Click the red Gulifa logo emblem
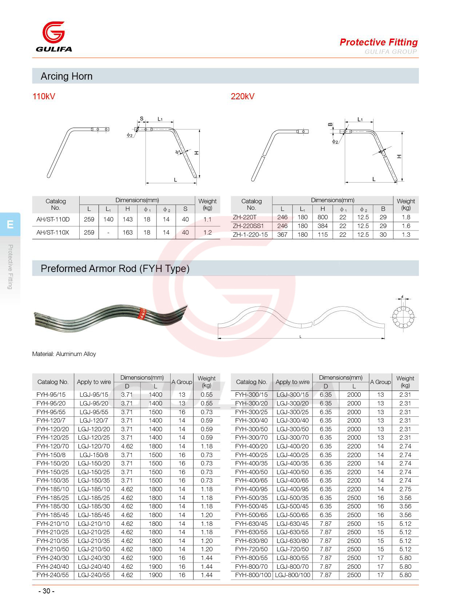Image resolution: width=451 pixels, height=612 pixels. click(53, 32)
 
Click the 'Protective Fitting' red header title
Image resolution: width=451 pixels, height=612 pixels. click(379, 42)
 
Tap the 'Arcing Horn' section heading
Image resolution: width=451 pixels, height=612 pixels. click(67, 76)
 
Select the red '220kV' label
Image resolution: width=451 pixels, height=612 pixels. click(243, 96)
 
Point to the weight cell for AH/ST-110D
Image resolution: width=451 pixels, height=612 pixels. click(207, 219)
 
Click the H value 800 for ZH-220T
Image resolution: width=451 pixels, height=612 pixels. click(323, 217)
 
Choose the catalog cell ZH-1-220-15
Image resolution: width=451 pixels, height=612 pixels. click(250, 235)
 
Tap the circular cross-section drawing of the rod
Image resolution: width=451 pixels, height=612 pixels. click(403, 317)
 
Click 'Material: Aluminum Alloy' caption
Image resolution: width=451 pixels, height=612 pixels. click(64, 354)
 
